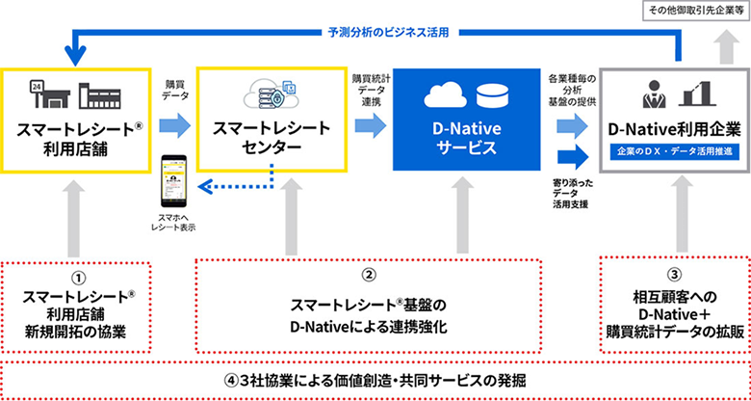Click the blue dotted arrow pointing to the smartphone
pyautogui.click(x=236, y=188)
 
